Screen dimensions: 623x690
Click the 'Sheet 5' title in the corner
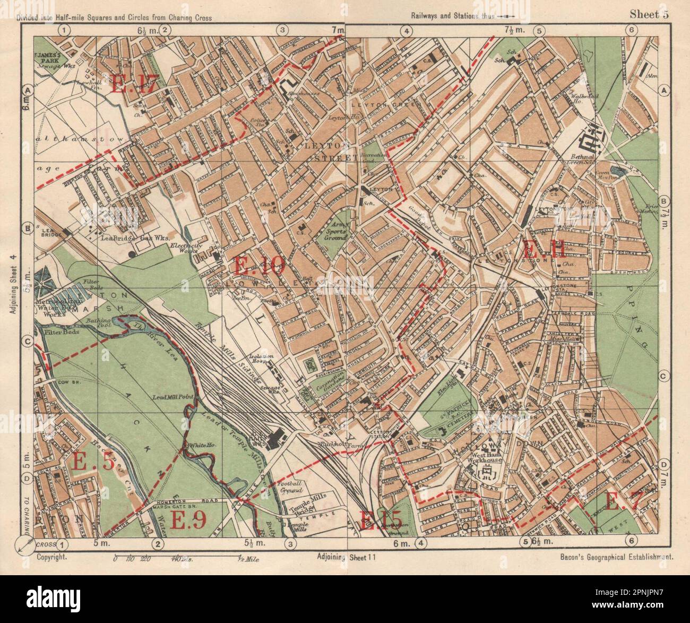649,15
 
